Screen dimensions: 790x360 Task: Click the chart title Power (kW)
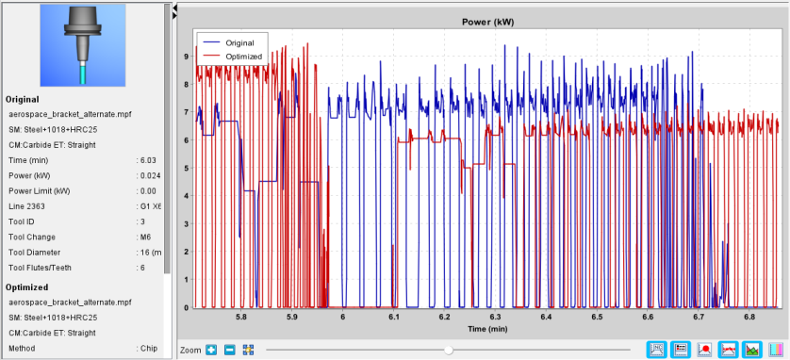coord(487,22)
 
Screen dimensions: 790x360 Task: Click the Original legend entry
coord(239,42)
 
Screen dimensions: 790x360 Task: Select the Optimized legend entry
coord(244,57)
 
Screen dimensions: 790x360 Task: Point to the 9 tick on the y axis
coord(186,57)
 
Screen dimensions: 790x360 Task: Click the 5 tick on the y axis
coord(186,168)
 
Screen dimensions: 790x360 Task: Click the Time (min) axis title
coord(487,329)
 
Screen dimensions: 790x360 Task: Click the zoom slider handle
coord(449,350)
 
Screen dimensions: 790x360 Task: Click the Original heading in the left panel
coord(23,99)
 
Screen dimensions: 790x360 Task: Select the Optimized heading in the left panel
coord(26,287)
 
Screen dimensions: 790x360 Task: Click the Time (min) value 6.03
coord(148,160)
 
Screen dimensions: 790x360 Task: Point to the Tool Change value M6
coord(145,237)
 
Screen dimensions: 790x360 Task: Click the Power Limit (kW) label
coord(40,190)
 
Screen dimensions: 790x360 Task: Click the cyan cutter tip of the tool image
coord(84,75)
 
